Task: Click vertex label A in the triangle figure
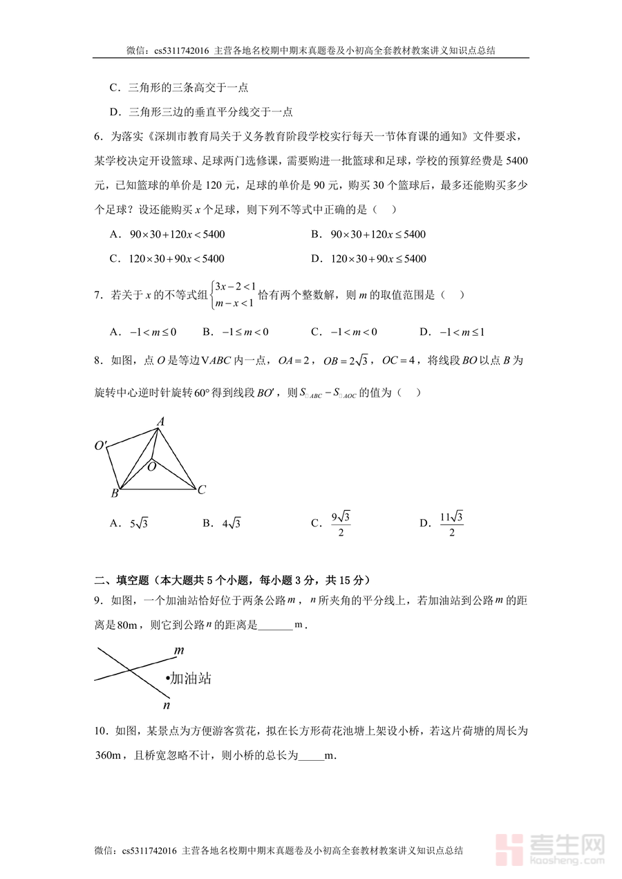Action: (x=160, y=421)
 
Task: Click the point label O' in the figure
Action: (x=101, y=446)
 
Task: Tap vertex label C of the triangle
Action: (x=201, y=490)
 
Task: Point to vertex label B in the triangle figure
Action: (x=115, y=493)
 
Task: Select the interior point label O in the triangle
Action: (x=151, y=466)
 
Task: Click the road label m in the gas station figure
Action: (x=178, y=650)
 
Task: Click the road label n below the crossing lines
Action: (x=166, y=705)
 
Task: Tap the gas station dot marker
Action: (x=167, y=679)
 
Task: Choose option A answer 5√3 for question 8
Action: (x=139, y=524)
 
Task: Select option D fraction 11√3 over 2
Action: (x=451, y=523)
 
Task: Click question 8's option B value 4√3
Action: (x=231, y=524)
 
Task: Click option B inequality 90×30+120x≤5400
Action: (x=377, y=234)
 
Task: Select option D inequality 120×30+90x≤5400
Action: (x=378, y=259)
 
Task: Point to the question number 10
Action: (x=100, y=731)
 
